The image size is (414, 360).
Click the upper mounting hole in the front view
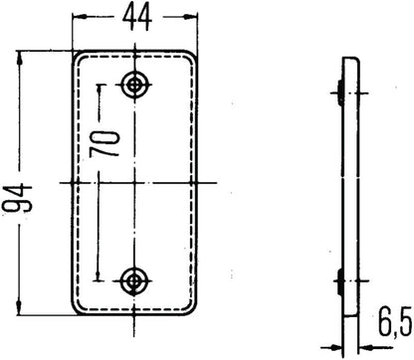132,84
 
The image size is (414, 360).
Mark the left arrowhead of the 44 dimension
75,20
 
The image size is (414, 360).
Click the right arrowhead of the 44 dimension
190,20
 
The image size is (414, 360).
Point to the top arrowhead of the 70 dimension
98,88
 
